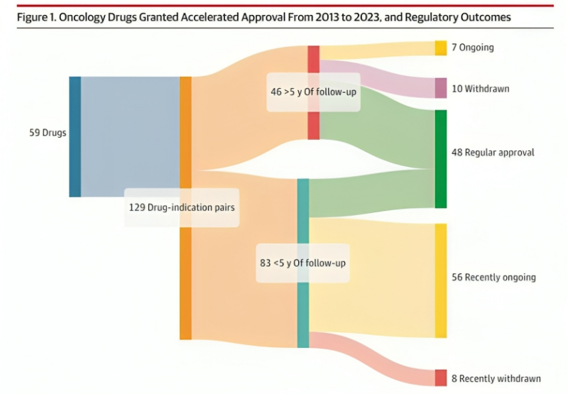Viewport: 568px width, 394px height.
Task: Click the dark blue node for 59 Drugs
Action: click(x=75, y=136)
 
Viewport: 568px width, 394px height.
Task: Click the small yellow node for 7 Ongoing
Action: click(x=440, y=48)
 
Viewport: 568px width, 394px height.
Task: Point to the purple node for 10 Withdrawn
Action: click(x=440, y=88)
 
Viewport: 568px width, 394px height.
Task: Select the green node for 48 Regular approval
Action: click(x=440, y=158)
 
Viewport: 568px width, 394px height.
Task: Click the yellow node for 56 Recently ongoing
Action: click(x=440, y=280)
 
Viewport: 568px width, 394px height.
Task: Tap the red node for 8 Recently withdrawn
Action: click(x=440, y=378)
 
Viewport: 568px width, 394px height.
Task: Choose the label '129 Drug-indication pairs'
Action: click(x=182, y=207)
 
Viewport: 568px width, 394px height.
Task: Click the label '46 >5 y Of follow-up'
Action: click(x=313, y=92)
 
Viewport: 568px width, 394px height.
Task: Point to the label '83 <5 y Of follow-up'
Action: click(x=302, y=263)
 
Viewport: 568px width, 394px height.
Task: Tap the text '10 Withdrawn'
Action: click(x=481, y=89)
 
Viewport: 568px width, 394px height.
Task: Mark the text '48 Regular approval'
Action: click(x=493, y=153)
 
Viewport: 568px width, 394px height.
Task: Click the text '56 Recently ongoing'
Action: click(x=493, y=277)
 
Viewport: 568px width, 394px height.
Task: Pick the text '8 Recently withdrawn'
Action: click(x=496, y=378)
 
